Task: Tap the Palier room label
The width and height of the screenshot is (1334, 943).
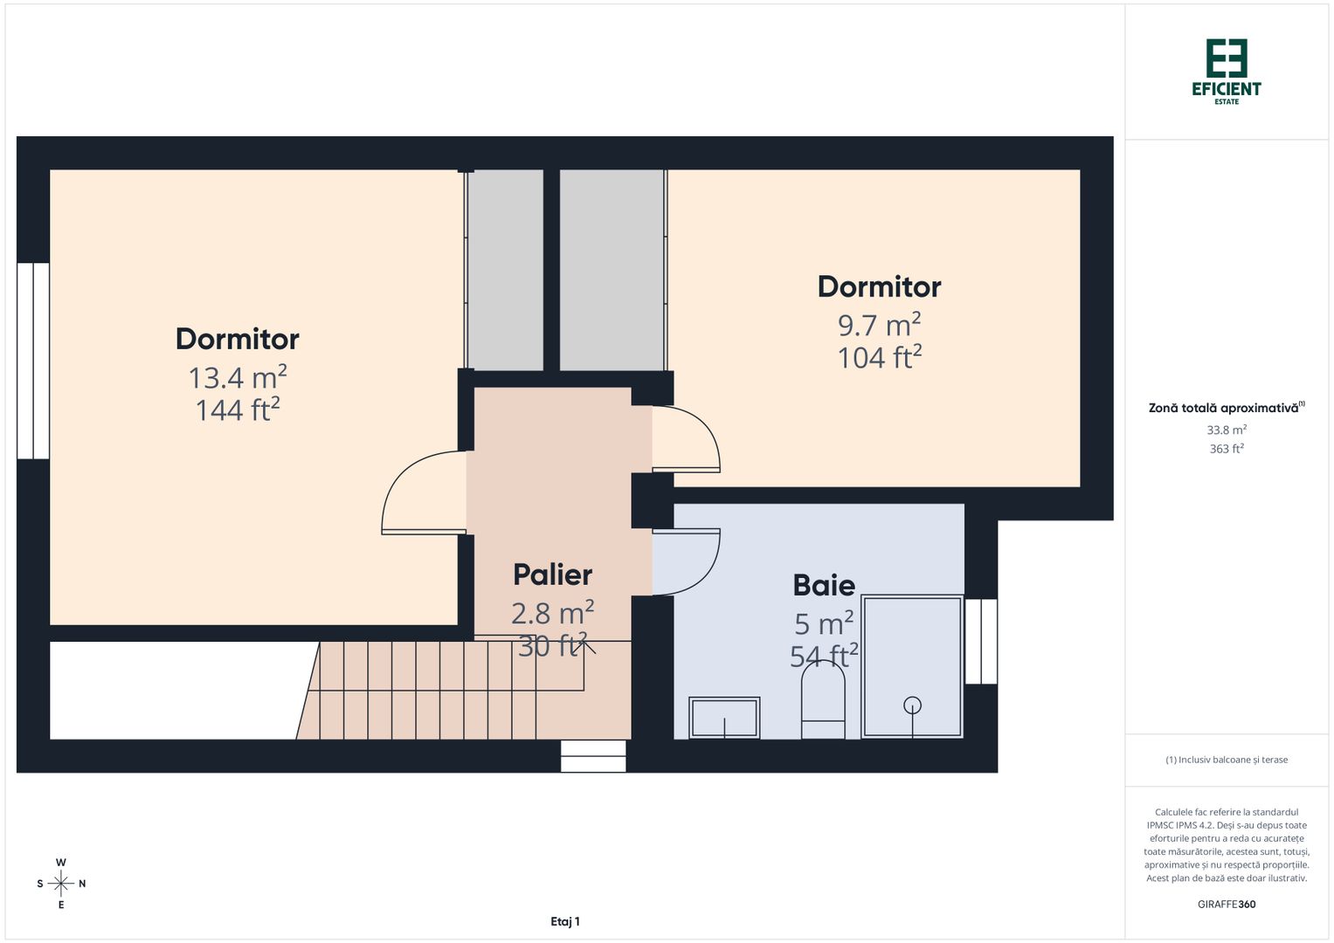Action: (x=552, y=575)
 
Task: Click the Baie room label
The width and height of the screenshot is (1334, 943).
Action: (x=823, y=585)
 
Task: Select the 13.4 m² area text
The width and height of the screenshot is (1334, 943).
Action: (x=238, y=378)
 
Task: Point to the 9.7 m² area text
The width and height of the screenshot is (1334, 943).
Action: (x=879, y=325)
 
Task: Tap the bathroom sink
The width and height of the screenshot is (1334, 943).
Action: (x=724, y=718)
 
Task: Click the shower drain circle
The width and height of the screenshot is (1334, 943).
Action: (x=912, y=705)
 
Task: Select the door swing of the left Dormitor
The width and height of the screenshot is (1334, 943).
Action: (x=419, y=492)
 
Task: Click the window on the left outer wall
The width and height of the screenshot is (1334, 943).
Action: (x=33, y=361)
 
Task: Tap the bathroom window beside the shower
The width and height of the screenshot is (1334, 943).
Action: (x=981, y=641)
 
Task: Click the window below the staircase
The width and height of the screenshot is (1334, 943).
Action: (x=593, y=756)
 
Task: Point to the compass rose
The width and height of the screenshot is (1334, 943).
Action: (x=61, y=884)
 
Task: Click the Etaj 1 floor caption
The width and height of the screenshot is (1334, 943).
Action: (x=565, y=921)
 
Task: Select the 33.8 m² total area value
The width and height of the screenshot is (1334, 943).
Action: (x=1227, y=430)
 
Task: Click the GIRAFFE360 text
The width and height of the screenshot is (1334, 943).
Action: (x=1227, y=905)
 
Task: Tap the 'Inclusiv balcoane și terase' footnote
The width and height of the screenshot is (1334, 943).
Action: (x=1227, y=760)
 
